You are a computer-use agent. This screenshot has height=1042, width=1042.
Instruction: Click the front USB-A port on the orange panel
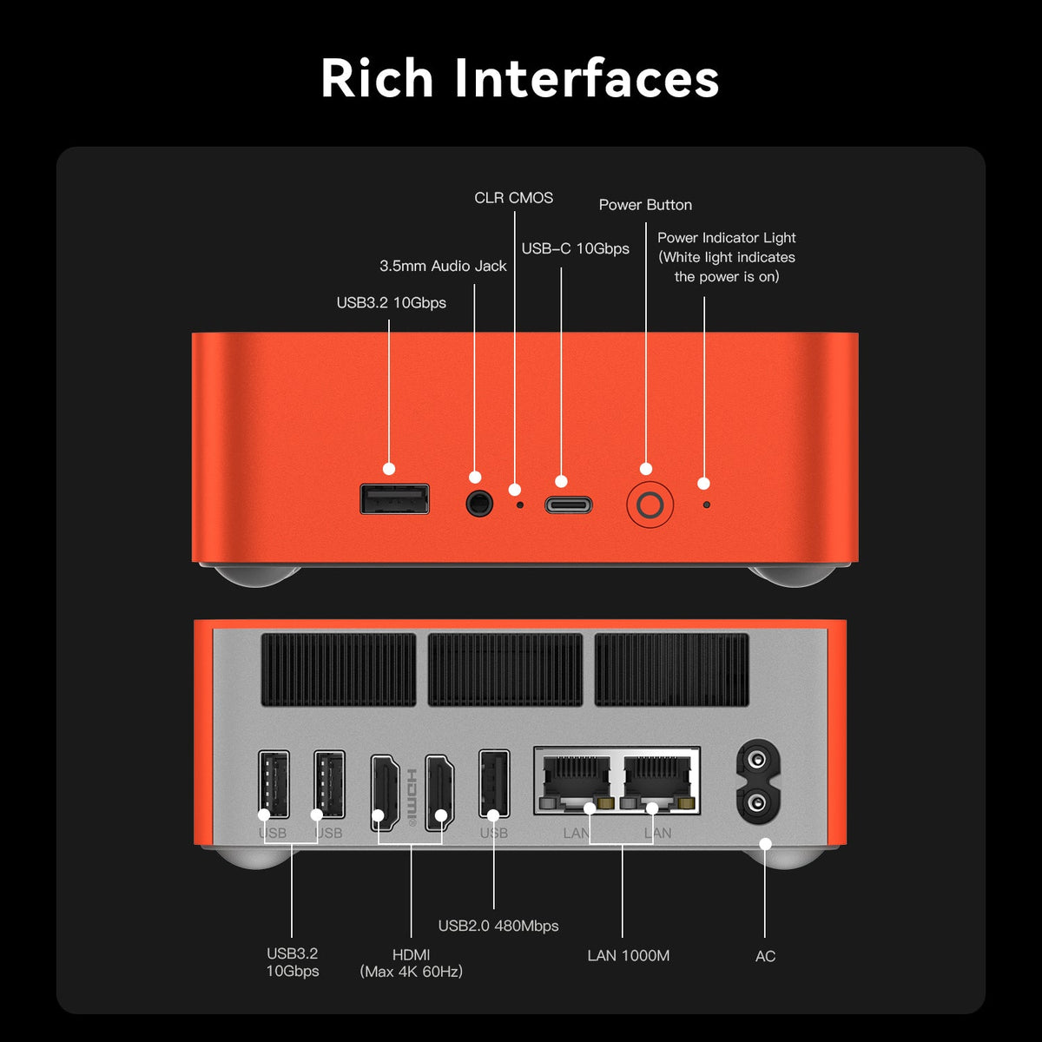coord(395,498)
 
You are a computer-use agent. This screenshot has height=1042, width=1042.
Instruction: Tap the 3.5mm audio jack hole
coord(479,504)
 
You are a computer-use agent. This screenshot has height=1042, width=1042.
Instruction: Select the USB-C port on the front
coord(568,505)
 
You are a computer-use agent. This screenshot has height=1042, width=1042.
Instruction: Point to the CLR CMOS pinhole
coord(520,505)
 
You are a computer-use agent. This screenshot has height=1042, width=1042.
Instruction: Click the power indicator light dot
coord(706,505)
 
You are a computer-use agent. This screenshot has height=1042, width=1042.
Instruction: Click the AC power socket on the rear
coord(758,781)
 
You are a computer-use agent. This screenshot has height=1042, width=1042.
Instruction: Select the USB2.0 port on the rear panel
coord(494,783)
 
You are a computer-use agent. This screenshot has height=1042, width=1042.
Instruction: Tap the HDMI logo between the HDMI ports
coord(412,798)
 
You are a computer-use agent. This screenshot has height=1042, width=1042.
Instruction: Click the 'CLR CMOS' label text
coord(514,198)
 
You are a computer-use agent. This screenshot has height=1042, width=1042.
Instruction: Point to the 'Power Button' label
coord(646,205)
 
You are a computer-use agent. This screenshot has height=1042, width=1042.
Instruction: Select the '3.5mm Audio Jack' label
coord(443,266)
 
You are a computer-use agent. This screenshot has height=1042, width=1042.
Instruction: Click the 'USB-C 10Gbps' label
coord(576,248)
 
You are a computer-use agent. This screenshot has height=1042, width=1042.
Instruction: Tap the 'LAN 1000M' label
coord(629,955)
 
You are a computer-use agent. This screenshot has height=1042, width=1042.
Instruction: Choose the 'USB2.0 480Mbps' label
coord(498,926)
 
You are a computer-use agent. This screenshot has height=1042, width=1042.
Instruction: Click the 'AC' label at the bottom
coord(765,956)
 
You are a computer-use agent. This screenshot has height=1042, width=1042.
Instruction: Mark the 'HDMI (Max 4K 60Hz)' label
coord(411,963)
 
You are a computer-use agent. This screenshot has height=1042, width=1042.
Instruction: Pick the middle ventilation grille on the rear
coord(505,670)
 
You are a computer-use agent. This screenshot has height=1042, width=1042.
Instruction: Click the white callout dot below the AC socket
coord(765,843)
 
